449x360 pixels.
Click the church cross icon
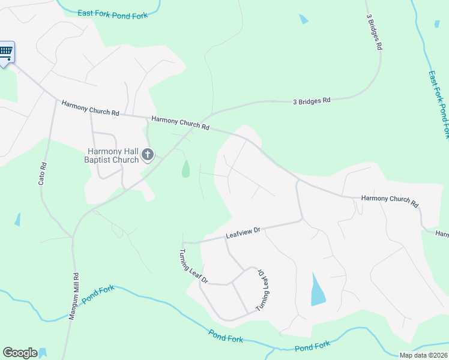pos(147,156)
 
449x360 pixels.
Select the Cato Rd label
pos(42,173)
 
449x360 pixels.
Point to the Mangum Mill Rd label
pos(74,297)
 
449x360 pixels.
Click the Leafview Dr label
pos(243,232)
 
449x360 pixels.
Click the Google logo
pos(20,353)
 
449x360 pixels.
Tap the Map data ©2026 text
pos(423,355)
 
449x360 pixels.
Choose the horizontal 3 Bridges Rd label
pos(312,101)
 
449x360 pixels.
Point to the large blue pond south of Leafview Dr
pos(317,291)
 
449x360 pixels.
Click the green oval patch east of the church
pos(186,169)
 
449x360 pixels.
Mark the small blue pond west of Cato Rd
pos(17,219)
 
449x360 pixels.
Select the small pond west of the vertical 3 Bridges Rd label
pos(303,19)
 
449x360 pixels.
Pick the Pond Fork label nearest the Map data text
pos(312,346)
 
